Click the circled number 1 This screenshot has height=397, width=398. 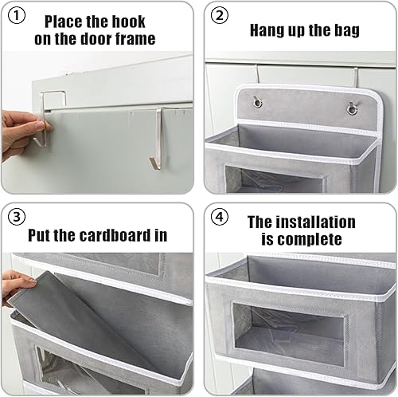(17, 16)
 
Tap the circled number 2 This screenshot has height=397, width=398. (220, 15)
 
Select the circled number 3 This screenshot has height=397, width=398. (17, 217)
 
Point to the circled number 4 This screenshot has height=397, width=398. (220, 217)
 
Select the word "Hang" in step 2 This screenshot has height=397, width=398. (267, 30)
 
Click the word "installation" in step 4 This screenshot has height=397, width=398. (316, 222)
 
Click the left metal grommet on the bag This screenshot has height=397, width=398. (257, 102)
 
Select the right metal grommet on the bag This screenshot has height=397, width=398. (352, 109)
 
